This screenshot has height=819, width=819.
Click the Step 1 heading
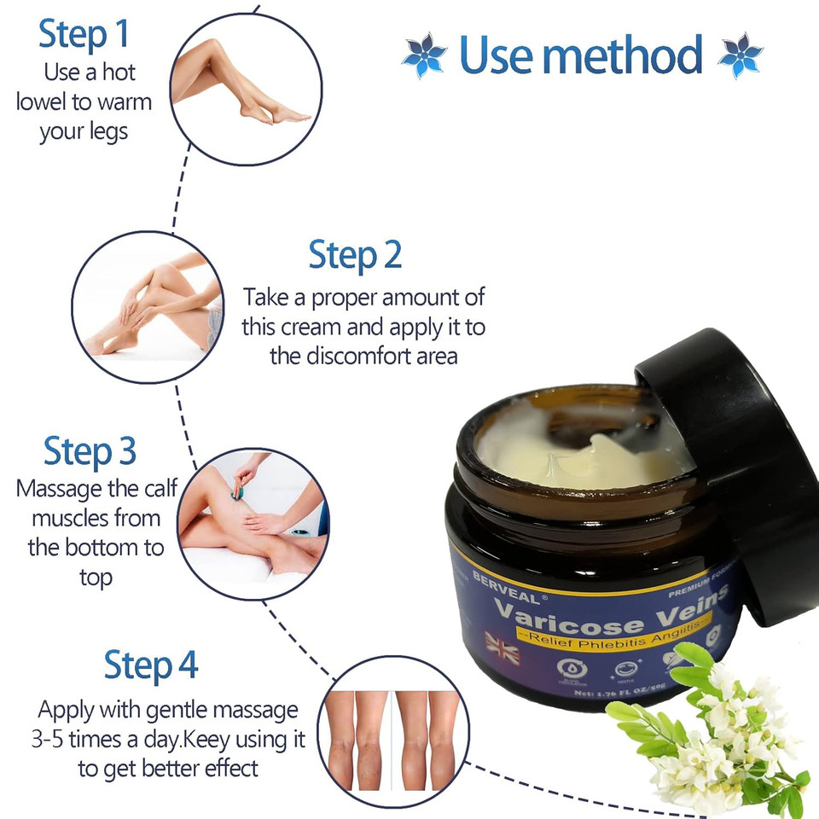coord(84,33)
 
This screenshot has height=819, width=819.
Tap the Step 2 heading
coord(355,255)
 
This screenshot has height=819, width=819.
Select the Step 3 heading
coord(90,451)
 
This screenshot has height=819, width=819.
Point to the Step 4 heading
coord(151,665)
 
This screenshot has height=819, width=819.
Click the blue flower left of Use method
coord(424,55)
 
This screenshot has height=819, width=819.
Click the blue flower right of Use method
coord(740,55)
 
